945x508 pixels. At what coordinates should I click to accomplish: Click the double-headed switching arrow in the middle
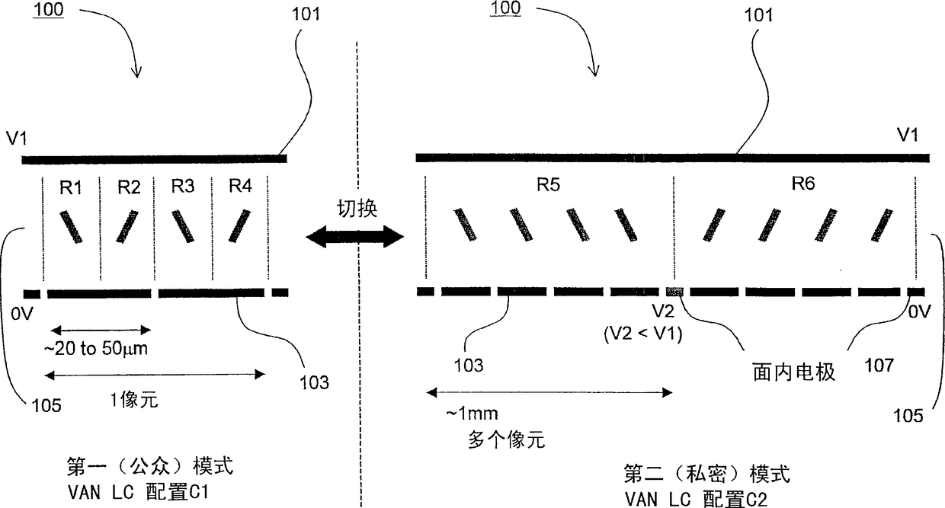(354, 238)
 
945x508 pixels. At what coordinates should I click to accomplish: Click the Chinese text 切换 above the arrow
(354, 207)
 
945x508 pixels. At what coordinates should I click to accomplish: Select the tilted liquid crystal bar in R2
(127, 227)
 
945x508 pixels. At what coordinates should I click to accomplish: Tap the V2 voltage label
(661, 312)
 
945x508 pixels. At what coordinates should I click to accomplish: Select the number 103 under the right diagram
(469, 366)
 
